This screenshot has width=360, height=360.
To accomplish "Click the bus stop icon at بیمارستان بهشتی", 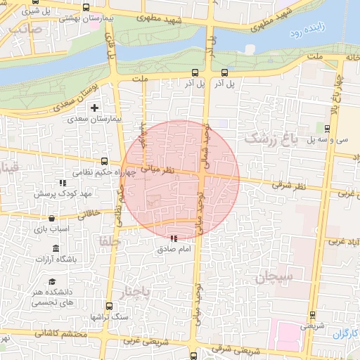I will [x=86, y=8].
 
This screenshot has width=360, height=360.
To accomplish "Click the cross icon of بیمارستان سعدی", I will [x=94, y=108].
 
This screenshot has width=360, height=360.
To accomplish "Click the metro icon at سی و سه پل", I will [x=328, y=127].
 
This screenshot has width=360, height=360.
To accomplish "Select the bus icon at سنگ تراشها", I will [x=108, y=306].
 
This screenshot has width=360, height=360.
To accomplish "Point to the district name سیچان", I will [x=278, y=276].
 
